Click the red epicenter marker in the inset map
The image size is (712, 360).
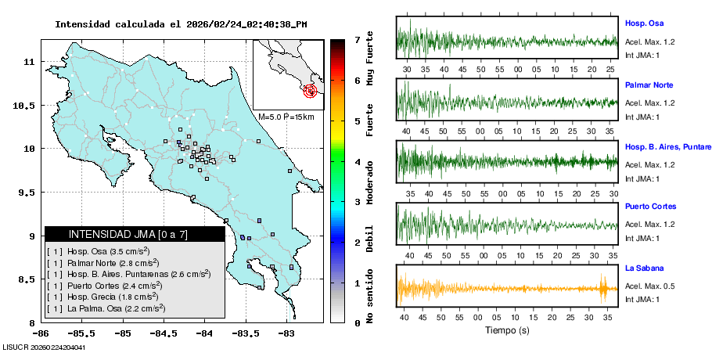coord(311,91)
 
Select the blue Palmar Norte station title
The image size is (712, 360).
coord(649,85)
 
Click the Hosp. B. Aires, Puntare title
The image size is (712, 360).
coord(667,146)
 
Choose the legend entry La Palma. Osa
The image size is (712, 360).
coord(110,308)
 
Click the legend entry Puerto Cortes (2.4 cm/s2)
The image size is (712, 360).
coord(110,285)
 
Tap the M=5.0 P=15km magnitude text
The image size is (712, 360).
coord(286,117)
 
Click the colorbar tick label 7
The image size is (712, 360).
coord(357,39)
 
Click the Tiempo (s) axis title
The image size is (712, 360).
coord(506,331)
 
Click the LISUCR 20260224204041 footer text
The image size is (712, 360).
coord(45,347)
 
